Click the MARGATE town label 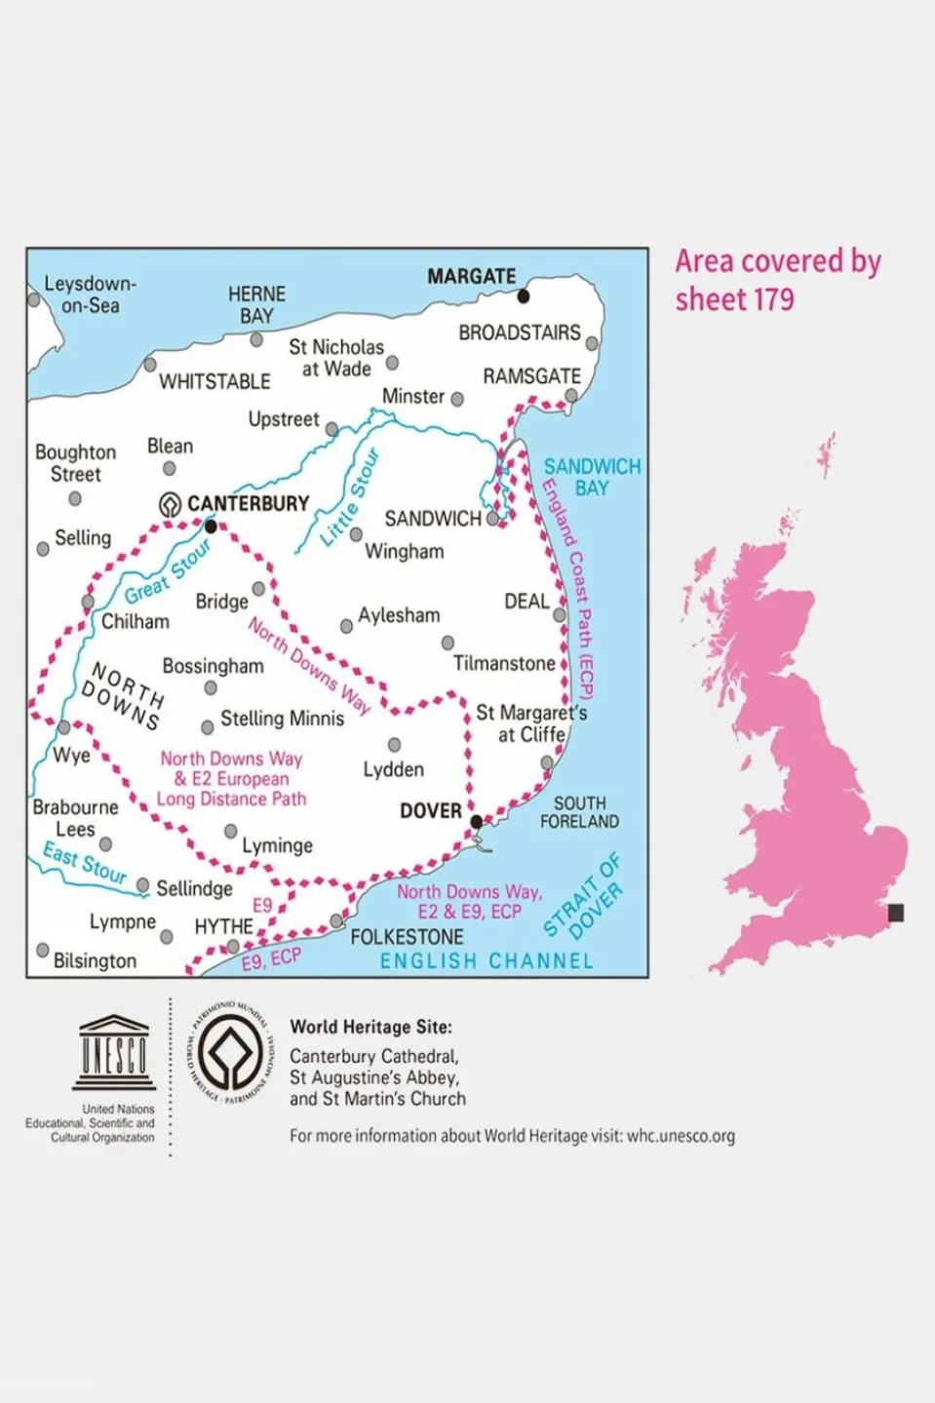pos(471,276)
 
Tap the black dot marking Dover pos(476,822)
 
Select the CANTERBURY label pos(248,503)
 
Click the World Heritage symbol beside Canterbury pos(171,504)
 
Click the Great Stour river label pos(168,573)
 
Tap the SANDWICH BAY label pos(592,477)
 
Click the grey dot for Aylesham pos(346,626)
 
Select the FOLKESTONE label pos(407,937)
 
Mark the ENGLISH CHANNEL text pos(487,961)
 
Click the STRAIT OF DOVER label pos(583,896)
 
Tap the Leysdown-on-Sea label pos(90,294)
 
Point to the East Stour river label pos(85,863)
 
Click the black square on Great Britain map pos(896,913)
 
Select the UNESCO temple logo pos(114,1052)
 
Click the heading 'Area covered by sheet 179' pos(777,280)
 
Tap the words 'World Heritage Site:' pos(370,1027)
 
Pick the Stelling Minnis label pos(282,719)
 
